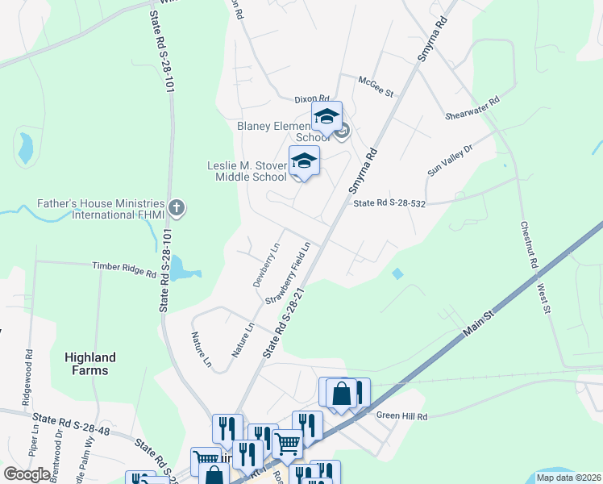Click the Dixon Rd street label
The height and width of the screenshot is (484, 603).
(x=312, y=98)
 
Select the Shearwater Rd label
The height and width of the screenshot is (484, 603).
(x=473, y=111)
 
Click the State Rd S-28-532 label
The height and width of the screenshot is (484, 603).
(x=389, y=204)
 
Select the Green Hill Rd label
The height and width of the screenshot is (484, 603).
(x=401, y=415)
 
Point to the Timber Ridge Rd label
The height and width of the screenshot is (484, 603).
(x=124, y=269)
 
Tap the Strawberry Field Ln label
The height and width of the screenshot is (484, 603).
(x=289, y=272)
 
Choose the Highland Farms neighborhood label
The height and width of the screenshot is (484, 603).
(x=90, y=364)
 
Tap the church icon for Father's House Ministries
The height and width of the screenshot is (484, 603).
(x=177, y=209)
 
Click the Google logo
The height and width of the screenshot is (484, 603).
(x=27, y=474)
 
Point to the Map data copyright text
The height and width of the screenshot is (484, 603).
(x=568, y=478)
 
